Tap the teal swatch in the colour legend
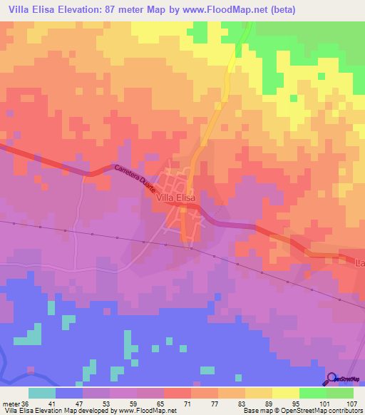tap(42, 393)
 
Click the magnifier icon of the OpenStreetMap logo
tap(332, 378)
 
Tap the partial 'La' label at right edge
tap(359, 264)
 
